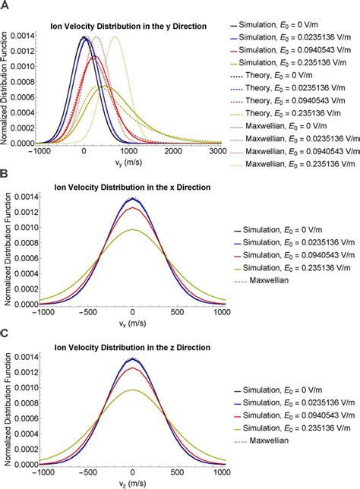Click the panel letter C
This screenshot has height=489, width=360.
click(5, 332)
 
